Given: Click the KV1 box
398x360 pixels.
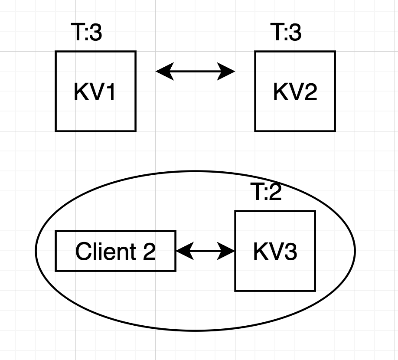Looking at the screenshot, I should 95,91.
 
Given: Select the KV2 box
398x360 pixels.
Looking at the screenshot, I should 295,91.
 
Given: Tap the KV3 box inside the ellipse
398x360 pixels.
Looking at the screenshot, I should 275,251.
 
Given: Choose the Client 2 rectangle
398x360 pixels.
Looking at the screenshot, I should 115,251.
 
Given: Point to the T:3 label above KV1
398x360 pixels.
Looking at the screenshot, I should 86,33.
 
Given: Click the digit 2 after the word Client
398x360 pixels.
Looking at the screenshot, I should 149,252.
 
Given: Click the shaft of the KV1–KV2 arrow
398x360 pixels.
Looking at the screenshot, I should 195,71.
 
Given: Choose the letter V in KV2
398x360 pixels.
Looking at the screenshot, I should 295,92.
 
